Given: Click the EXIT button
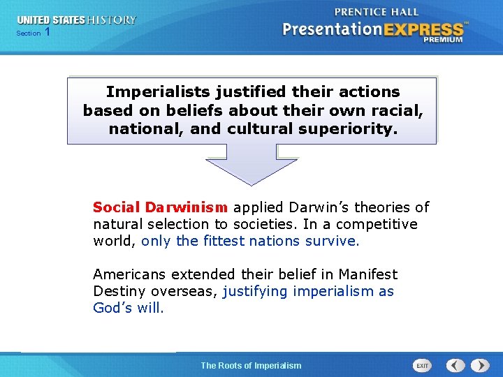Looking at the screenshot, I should coord(422,365).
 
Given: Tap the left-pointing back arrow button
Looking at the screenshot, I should coord(456,365).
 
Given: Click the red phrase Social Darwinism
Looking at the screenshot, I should coord(160,207).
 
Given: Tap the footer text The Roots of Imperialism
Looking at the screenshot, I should coord(251,365).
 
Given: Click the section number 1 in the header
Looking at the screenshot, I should coord(47,32).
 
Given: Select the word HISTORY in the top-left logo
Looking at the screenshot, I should coord(112,20).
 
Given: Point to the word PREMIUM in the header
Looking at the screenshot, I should coord(442,40).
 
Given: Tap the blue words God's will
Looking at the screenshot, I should coord(129,308).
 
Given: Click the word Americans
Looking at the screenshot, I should coord(129,274).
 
